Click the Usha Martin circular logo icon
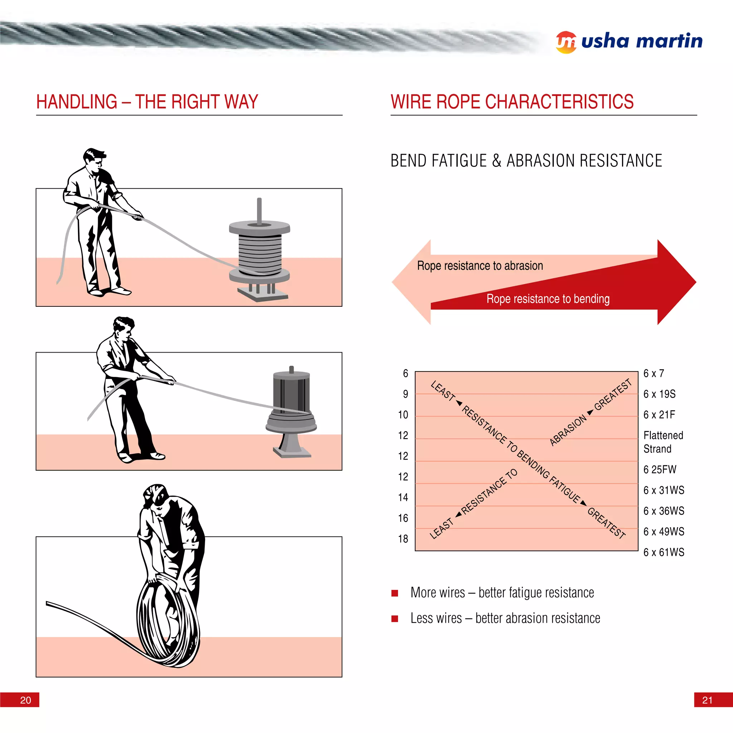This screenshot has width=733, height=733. point(566,42)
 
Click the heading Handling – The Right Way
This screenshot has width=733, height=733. point(147,102)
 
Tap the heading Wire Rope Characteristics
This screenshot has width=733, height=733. point(512,102)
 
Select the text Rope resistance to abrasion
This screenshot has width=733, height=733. point(480,266)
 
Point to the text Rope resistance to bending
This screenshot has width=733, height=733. point(548,299)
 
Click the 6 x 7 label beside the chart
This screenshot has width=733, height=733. point(653,373)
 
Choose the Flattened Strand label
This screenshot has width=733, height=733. point(663,442)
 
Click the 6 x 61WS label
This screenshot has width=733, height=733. point(664,552)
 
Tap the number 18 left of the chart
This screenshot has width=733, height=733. point(403,539)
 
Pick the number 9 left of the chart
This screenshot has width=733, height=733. point(405,394)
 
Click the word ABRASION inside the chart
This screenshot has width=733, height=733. point(568,430)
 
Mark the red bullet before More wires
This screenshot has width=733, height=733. point(394,593)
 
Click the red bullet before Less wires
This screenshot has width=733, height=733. point(394,619)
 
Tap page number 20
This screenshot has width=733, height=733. point(25,700)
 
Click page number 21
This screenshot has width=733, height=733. point(707,700)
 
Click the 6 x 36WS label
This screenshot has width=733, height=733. point(664,511)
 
